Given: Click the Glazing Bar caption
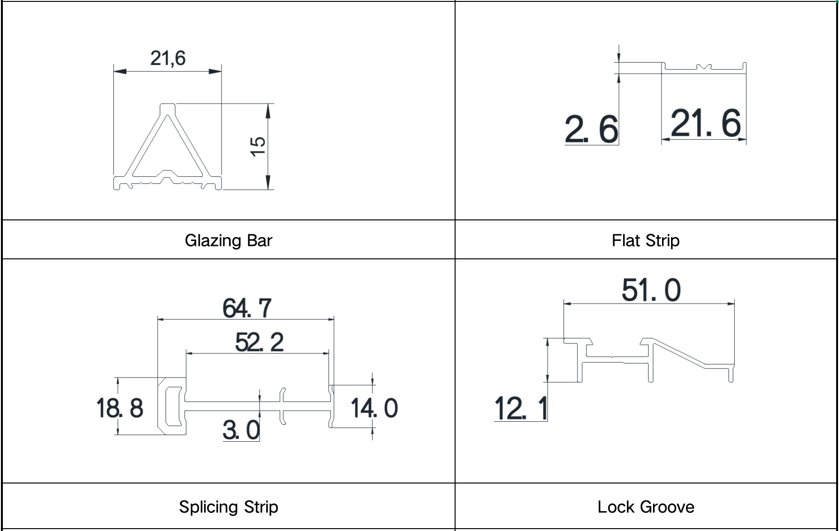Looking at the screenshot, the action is (x=228, y=240).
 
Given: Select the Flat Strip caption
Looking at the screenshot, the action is (x=645, y=240).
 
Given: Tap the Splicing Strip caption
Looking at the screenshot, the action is (x=228, y=507).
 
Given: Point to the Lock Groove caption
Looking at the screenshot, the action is (x=645, y=507).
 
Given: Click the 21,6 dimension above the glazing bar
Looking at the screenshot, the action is (x=168, y=58).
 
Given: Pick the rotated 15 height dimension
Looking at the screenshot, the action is (x=258, y=146).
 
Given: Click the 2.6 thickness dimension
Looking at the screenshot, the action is (x=592, y=129).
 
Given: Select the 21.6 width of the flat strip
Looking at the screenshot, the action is (x=706, y=123).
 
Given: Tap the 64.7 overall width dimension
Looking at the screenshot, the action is (x=247, y=308).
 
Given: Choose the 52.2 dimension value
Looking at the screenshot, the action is (x=259, y=342).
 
